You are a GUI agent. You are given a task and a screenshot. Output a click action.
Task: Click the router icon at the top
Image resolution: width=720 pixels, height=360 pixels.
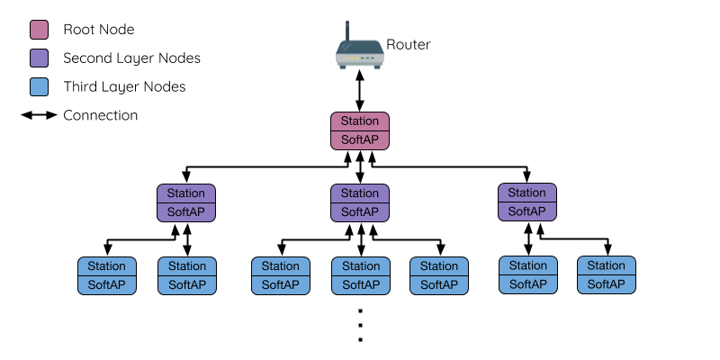(x=360, y=52)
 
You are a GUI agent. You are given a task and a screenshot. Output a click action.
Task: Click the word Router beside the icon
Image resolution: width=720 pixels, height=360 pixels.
(x=409, y=44)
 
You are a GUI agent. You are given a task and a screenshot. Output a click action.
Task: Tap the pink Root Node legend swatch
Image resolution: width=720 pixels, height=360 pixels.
(x=40, y=30)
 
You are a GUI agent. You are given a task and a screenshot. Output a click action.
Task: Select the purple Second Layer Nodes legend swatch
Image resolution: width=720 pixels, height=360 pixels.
(x=40, y=58)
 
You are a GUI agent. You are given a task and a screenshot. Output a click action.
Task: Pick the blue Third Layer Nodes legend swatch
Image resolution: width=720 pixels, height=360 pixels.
(x=40, y=87)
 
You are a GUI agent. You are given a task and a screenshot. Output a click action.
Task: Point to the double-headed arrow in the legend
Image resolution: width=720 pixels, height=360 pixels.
(x=39, y=116)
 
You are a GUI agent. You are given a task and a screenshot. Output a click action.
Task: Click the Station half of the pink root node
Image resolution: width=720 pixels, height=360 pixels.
(x=360, y=121)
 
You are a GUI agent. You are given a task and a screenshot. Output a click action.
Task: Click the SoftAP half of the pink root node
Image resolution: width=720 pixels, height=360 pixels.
(x=360, y=140)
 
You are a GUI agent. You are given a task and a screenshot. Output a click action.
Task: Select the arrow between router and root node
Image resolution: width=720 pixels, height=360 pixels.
(x=360, y=91)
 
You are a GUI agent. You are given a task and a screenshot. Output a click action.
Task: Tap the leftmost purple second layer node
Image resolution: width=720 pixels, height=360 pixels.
(x=187, y=202)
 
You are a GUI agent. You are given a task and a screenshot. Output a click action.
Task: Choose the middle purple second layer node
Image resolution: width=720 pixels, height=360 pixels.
(x=360, y=202)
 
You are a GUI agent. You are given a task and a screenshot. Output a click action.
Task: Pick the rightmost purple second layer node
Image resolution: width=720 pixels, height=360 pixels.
(x=527, y=202)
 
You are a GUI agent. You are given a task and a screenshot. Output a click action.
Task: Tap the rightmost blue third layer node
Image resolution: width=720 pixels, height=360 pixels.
(x=606, y=275)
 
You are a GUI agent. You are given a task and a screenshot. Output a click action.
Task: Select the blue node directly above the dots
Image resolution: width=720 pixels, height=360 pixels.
(x=360, y=275)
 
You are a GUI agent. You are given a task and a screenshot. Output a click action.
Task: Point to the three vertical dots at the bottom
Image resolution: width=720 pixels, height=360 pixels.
(x=360, y=325)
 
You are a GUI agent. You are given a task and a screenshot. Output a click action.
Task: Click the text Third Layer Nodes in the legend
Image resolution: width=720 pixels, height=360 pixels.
(x=124, y=87)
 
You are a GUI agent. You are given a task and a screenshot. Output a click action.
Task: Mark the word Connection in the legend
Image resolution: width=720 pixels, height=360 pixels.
(x=101, y=116)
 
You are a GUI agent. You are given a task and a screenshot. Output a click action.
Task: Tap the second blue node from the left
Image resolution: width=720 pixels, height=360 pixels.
(x=187, y=275)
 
